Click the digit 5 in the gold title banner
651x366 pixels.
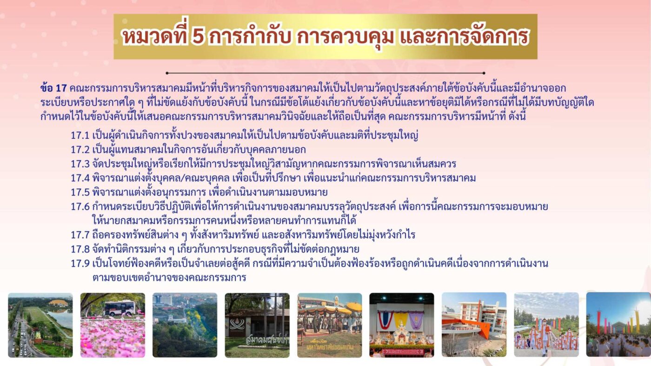tap(198, 37)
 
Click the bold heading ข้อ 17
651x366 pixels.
tap(54, 88)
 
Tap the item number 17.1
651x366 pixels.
tap(80, 136)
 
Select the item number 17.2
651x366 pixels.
tap(80, 150)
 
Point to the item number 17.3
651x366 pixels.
tap(80, 164)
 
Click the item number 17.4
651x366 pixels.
tap(80, 178)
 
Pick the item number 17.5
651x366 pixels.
tap(80, 192)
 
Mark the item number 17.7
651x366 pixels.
tap(80, 235)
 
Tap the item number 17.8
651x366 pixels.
tap(80, 249)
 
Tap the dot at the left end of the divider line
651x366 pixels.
tap(167, 73)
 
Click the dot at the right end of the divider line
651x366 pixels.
tap(484, 73)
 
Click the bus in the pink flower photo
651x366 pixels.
tap(120, 308)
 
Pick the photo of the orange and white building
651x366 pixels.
tap(474, 325)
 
